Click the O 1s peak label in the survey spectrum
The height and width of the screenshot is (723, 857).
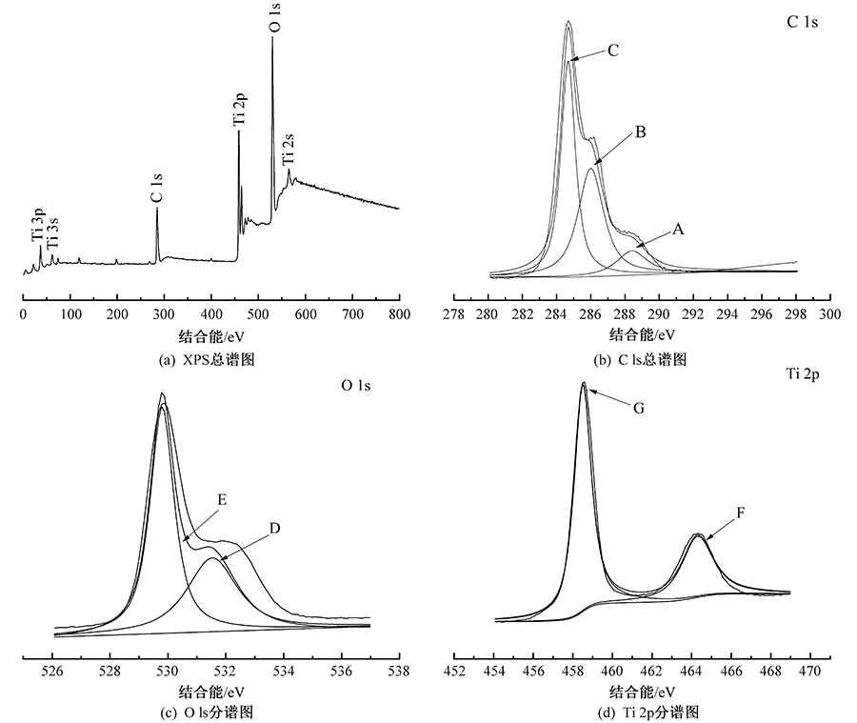click(x=274, y=18)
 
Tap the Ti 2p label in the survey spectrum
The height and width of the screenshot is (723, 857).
click(x=239, y=110)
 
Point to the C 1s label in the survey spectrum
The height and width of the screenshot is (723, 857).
click(x=156, y=187)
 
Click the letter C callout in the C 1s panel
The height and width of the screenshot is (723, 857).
click(x=613, y=50)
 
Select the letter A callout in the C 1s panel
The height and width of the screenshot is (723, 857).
click(x=678, y=229)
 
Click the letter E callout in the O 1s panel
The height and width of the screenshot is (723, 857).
click(x=222, y=498)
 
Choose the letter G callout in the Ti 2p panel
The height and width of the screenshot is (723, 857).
click(x=639, y=408)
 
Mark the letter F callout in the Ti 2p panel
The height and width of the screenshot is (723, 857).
click(x=739, y=512)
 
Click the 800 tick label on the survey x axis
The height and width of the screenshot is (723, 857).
click(x=398, y=313)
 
